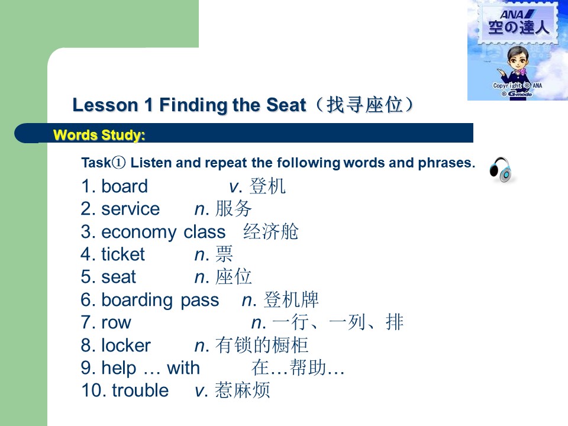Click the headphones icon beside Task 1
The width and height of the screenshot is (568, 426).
[x=501, y=170]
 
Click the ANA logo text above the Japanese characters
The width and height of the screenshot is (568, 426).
[x=517, y=14]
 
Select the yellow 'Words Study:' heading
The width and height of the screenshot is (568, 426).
[x=99, y=135]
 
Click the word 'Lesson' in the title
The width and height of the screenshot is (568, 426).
[x=105, y=105]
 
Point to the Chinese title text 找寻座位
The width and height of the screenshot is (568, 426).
[x=364, y=105]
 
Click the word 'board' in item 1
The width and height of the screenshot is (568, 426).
[x=124, y=186]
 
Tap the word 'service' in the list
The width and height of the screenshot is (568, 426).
[x=130, y=209]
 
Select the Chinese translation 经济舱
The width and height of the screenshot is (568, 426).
[x=270, y=231]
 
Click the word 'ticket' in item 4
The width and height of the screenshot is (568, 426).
[x=123, y=254]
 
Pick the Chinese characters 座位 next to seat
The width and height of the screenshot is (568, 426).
[x=233, y=277]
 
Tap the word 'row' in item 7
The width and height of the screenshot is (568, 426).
[x=116, y=322]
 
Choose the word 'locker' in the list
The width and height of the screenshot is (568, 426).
[x=125, y=345]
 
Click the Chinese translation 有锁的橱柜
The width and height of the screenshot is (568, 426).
[x=262, y=345]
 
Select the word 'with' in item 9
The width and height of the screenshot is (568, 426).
[x=183, y=367]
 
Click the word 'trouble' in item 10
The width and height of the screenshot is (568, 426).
[x=140, y=390]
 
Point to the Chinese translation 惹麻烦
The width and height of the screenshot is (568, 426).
[x=243, y=390]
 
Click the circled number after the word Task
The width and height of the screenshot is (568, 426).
[x=118, y=163]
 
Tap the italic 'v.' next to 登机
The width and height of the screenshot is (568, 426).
[x=235, y=187]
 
